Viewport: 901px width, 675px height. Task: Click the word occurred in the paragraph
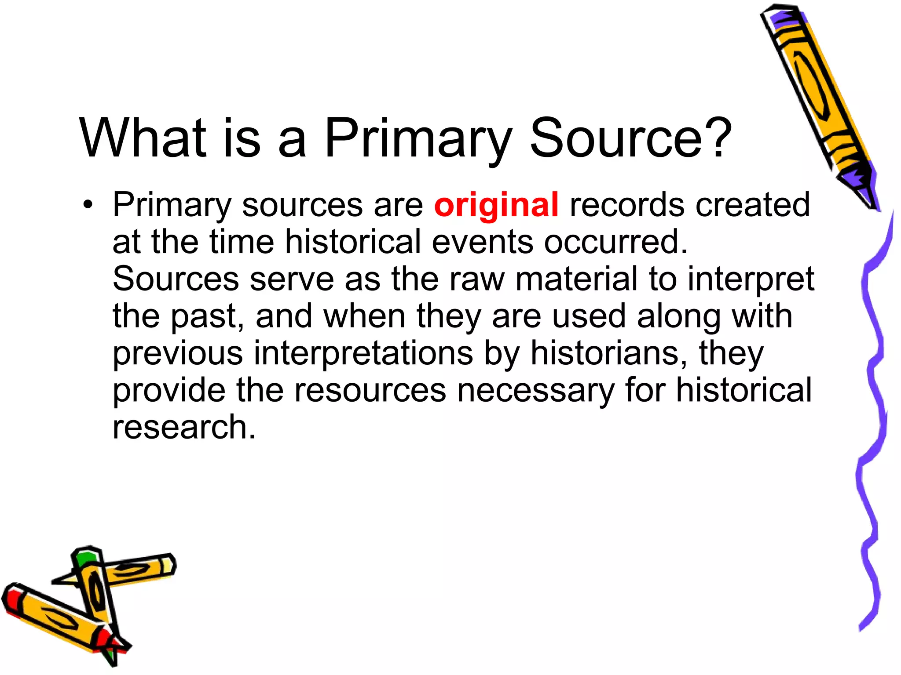tap(616, 242)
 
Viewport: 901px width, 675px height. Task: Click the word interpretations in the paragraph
tap(363, 354)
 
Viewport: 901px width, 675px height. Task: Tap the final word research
tap(184, 428)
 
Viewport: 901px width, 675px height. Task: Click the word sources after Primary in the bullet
tap(302, 205)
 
